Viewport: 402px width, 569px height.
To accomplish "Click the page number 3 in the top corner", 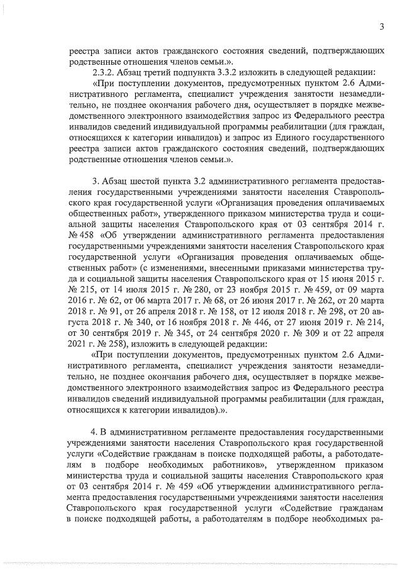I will (382, 26).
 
